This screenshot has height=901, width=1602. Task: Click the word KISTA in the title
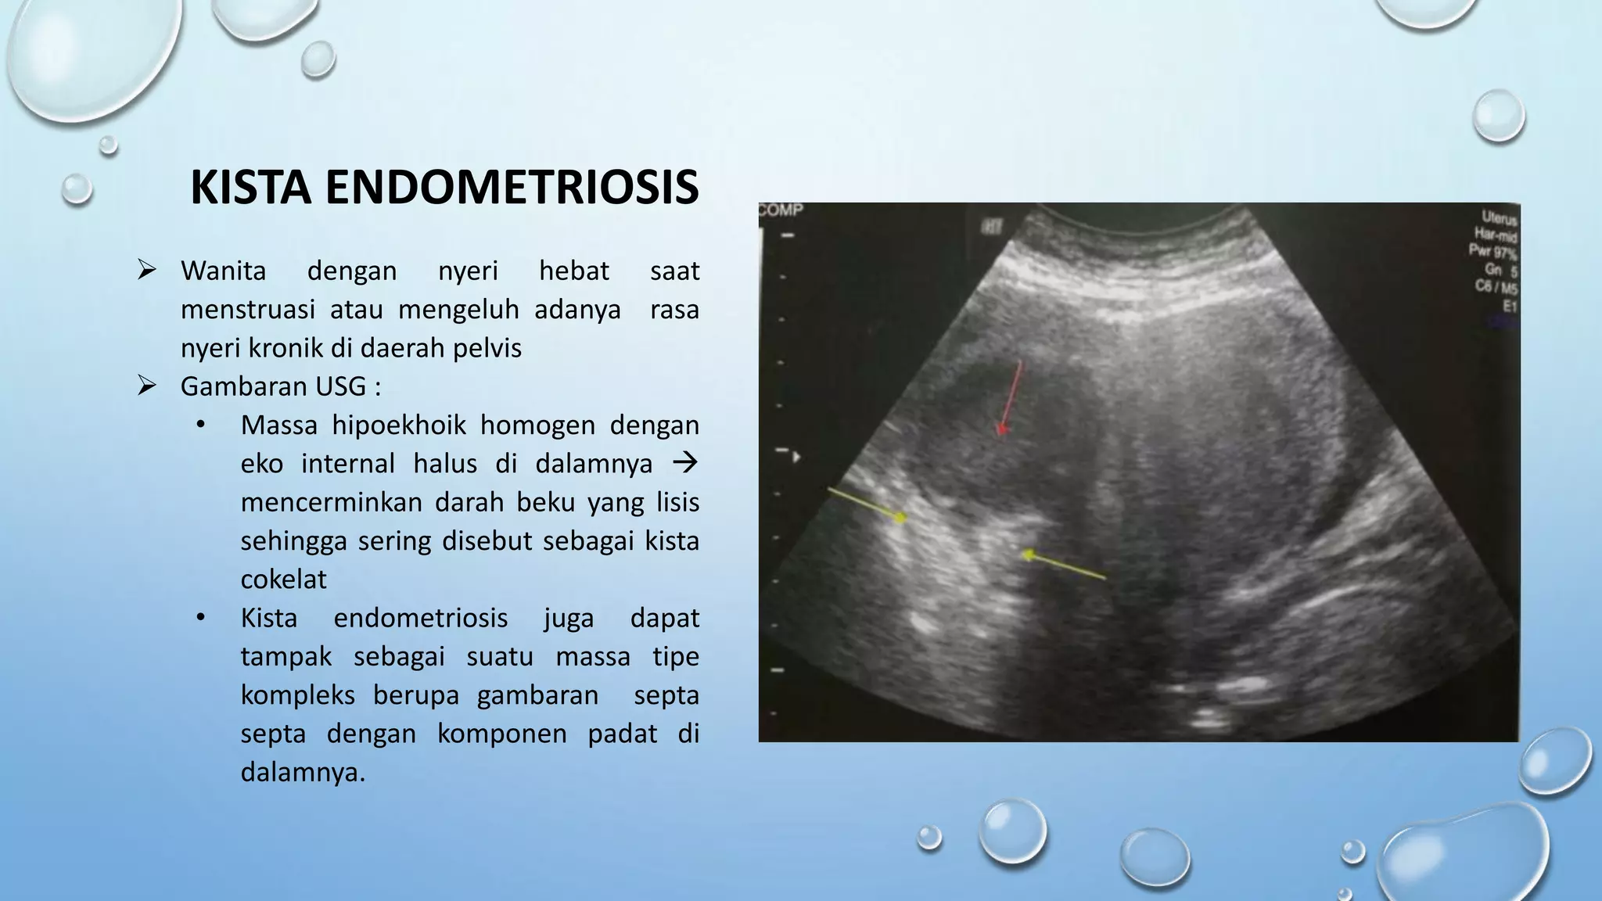tap(250, 188)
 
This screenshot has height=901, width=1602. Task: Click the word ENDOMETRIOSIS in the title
tap(512, 188)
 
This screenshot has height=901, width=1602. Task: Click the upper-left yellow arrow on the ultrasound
tap(867, 504)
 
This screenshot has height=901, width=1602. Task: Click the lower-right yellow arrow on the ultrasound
tap(1064, 565)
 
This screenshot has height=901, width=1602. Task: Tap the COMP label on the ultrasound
tap(781, 210)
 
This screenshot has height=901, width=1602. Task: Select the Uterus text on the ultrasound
tap(1499, 217)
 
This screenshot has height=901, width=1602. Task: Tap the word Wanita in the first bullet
tap(223, 271)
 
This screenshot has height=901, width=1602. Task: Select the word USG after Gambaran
tap(340, 386)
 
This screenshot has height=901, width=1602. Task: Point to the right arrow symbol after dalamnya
tap(684, 463)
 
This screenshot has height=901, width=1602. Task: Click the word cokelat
tap(283, 579)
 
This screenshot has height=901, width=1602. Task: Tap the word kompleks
tap(297, 695)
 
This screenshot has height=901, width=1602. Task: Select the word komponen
tap(501, 734)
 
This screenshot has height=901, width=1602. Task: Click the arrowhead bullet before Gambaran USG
tap(147, 386)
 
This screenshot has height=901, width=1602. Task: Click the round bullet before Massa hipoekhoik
tap(200, 425)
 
